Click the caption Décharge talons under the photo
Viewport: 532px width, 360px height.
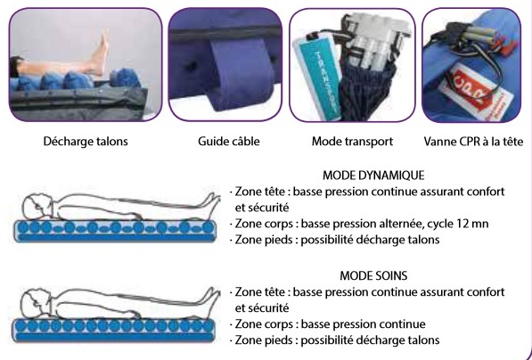[x=86, y=142]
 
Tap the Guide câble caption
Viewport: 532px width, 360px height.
[x=229, y=142]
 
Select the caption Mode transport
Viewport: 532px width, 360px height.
[x=352, y=142]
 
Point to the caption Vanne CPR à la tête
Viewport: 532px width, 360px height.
[x=473, y=142]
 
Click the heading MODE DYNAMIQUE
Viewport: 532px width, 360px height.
[x=373, y=176]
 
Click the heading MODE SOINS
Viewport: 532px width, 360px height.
[x=373, y=275]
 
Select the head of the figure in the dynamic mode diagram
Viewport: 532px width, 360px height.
[x=38, y=206]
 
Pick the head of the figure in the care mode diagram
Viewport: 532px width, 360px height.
[x=37, y=304]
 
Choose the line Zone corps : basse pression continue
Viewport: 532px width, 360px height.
[x=330, y=324]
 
